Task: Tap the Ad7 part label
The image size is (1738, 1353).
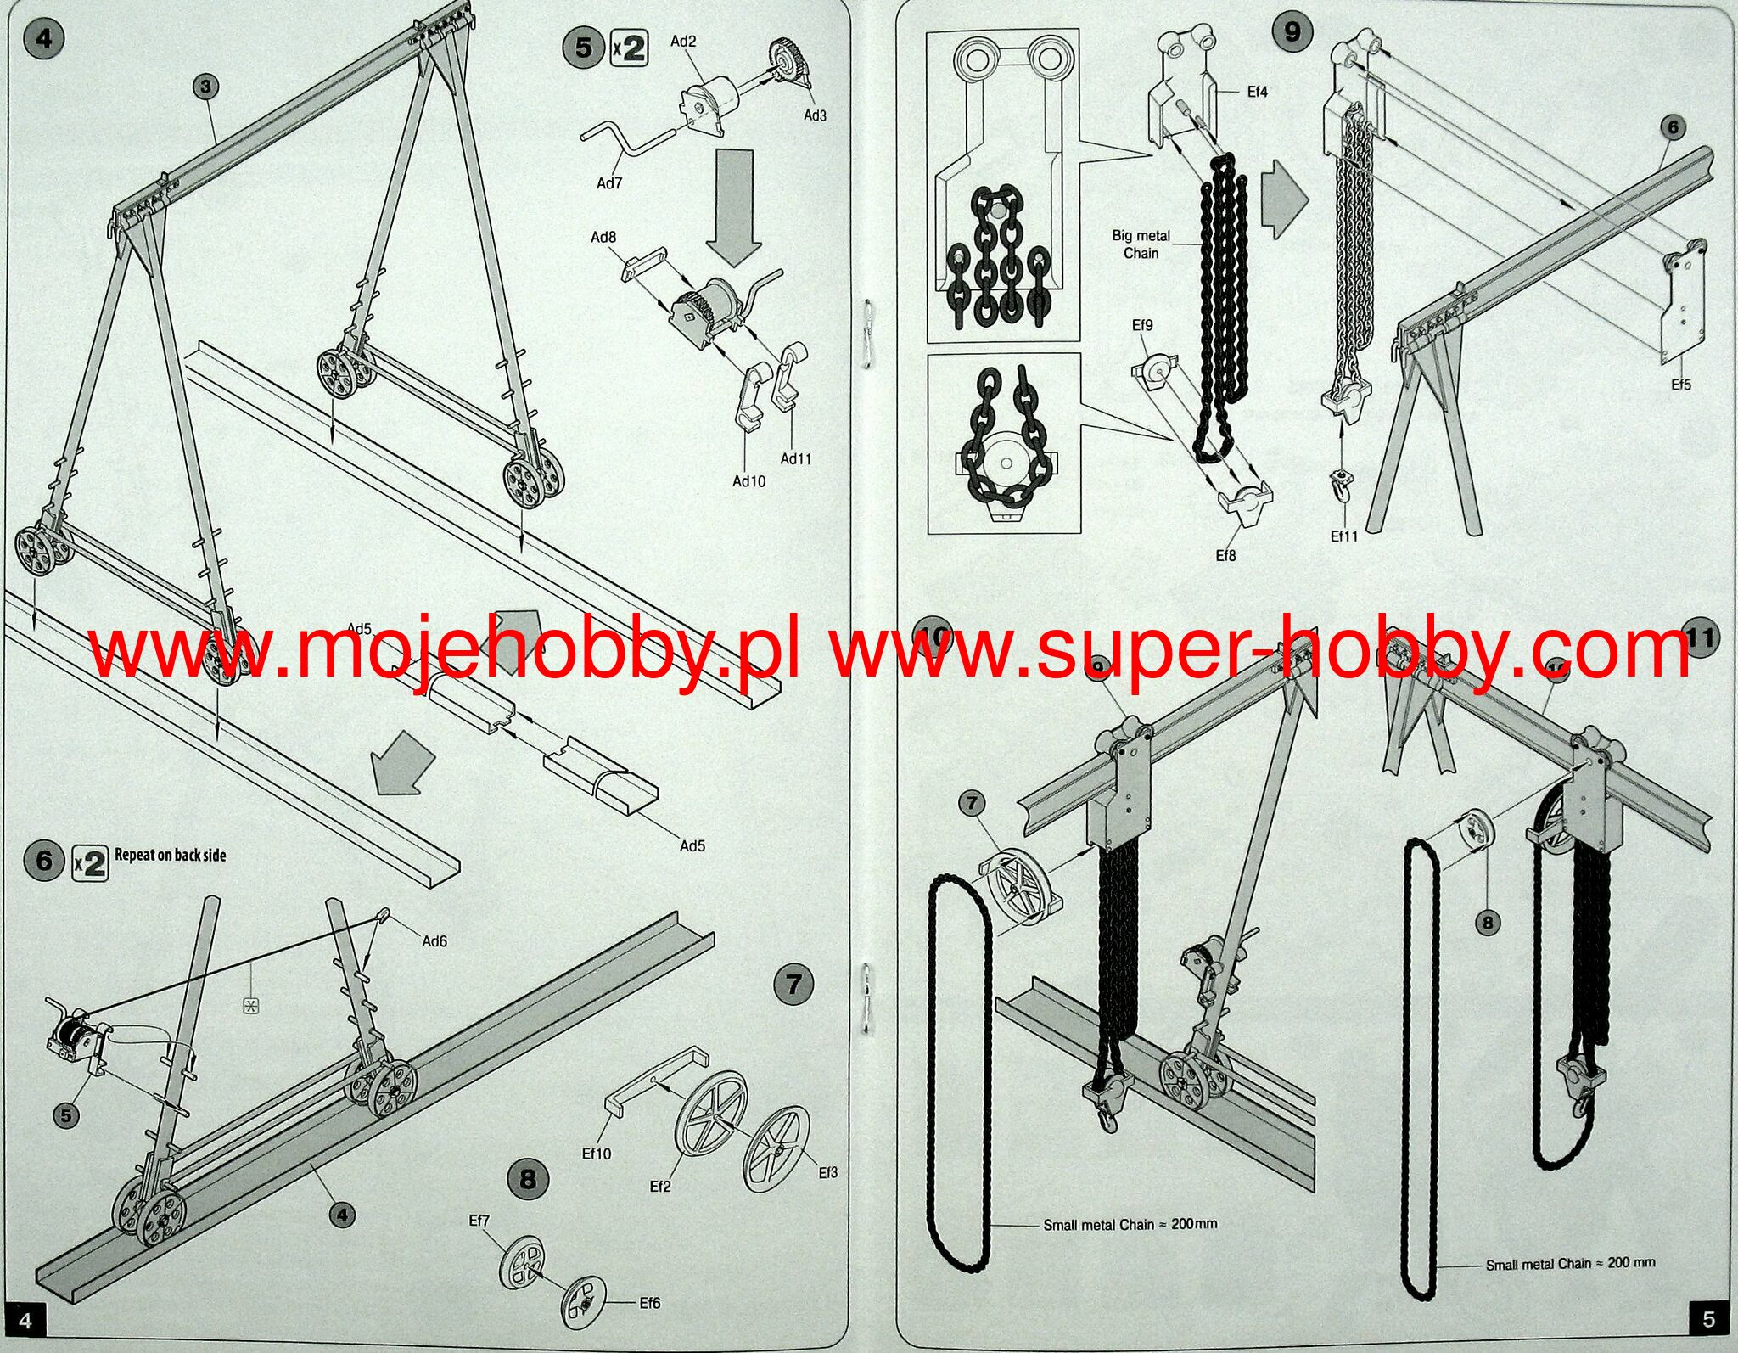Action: tap(609, 183)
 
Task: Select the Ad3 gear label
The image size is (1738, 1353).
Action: tap(815, 115)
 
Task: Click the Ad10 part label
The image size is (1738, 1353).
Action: tap(748, 481)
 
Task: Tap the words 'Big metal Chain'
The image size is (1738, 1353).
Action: tap(1141, 244)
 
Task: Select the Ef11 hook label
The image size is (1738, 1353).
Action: tap(1343, 536)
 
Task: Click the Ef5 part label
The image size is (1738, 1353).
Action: tap(1680, 385)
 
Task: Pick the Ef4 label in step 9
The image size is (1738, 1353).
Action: tap(1257, 92)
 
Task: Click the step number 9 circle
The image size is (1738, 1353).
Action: tap(1292, 32)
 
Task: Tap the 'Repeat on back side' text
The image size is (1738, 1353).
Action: tap(171, 855)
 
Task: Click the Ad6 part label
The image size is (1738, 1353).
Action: tap(434, 940)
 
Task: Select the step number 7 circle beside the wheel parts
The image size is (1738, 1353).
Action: tap(793, 985)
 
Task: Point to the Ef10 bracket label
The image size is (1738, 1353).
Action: tap(596, 1154)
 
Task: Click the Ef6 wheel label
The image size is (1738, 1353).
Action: tap(649, 1303)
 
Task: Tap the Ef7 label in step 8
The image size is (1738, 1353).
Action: tap(479, 1221)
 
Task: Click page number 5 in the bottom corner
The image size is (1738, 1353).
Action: tap(1708, 1319)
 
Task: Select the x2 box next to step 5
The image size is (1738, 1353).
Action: tap(629, 48)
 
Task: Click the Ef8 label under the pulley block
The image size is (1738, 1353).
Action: tap(1225, 556)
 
